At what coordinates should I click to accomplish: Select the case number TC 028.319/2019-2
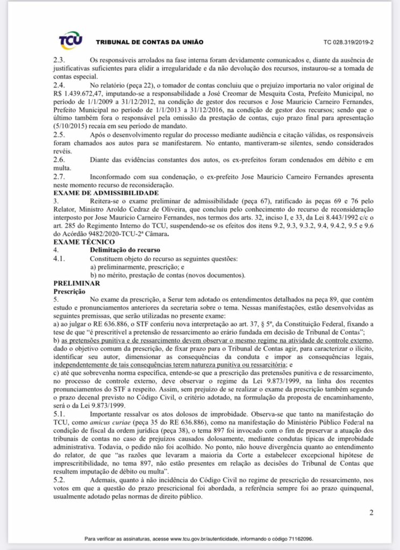click(x=348, y=42)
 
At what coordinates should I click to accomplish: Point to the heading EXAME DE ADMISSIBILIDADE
click(x=106, y=192)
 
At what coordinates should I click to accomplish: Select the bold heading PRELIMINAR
click(x=77, y=283)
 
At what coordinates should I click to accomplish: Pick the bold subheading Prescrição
click(x=70, y=290)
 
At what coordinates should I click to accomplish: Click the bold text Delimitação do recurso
click(x=125, y=250)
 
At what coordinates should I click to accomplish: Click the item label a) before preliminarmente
click(x=94, y=266)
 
